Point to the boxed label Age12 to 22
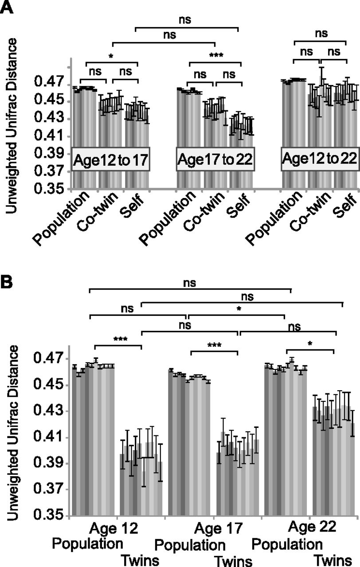(319, 158)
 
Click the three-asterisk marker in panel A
(216, 56)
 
